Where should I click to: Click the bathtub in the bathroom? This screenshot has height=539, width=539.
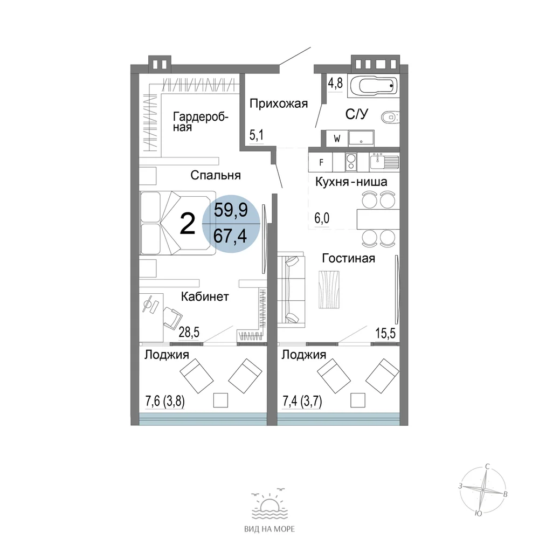(x=374, y=86)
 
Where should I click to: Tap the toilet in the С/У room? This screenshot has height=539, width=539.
(x=390, y=117)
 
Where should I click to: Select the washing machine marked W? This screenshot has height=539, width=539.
(x=337, y=139)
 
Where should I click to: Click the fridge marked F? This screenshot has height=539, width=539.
(x=321, y=162)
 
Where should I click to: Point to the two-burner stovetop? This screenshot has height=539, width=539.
(x=351, y=162)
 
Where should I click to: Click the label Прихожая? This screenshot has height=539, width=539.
(x=279, y=103)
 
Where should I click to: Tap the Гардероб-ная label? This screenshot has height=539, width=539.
(x=201, y=122)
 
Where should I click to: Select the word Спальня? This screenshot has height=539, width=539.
(x=216, y=175)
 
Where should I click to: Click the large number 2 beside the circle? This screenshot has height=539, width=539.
(x=188, y=224)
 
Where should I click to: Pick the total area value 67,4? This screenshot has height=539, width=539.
(x=230, y=236)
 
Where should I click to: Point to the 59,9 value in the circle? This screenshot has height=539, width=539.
(x=231, y=210)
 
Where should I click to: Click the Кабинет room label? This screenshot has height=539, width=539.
(x=205, y=296)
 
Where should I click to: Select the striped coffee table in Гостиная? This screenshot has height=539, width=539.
(x=329, y=289)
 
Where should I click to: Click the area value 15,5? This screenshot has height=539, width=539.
(x=385, y=333)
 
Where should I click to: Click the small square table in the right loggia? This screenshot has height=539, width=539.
(x=358, y=400)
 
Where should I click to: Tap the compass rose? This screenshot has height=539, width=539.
(x=483, y=489)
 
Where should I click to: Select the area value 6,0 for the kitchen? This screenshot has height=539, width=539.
(x=322, y=218)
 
